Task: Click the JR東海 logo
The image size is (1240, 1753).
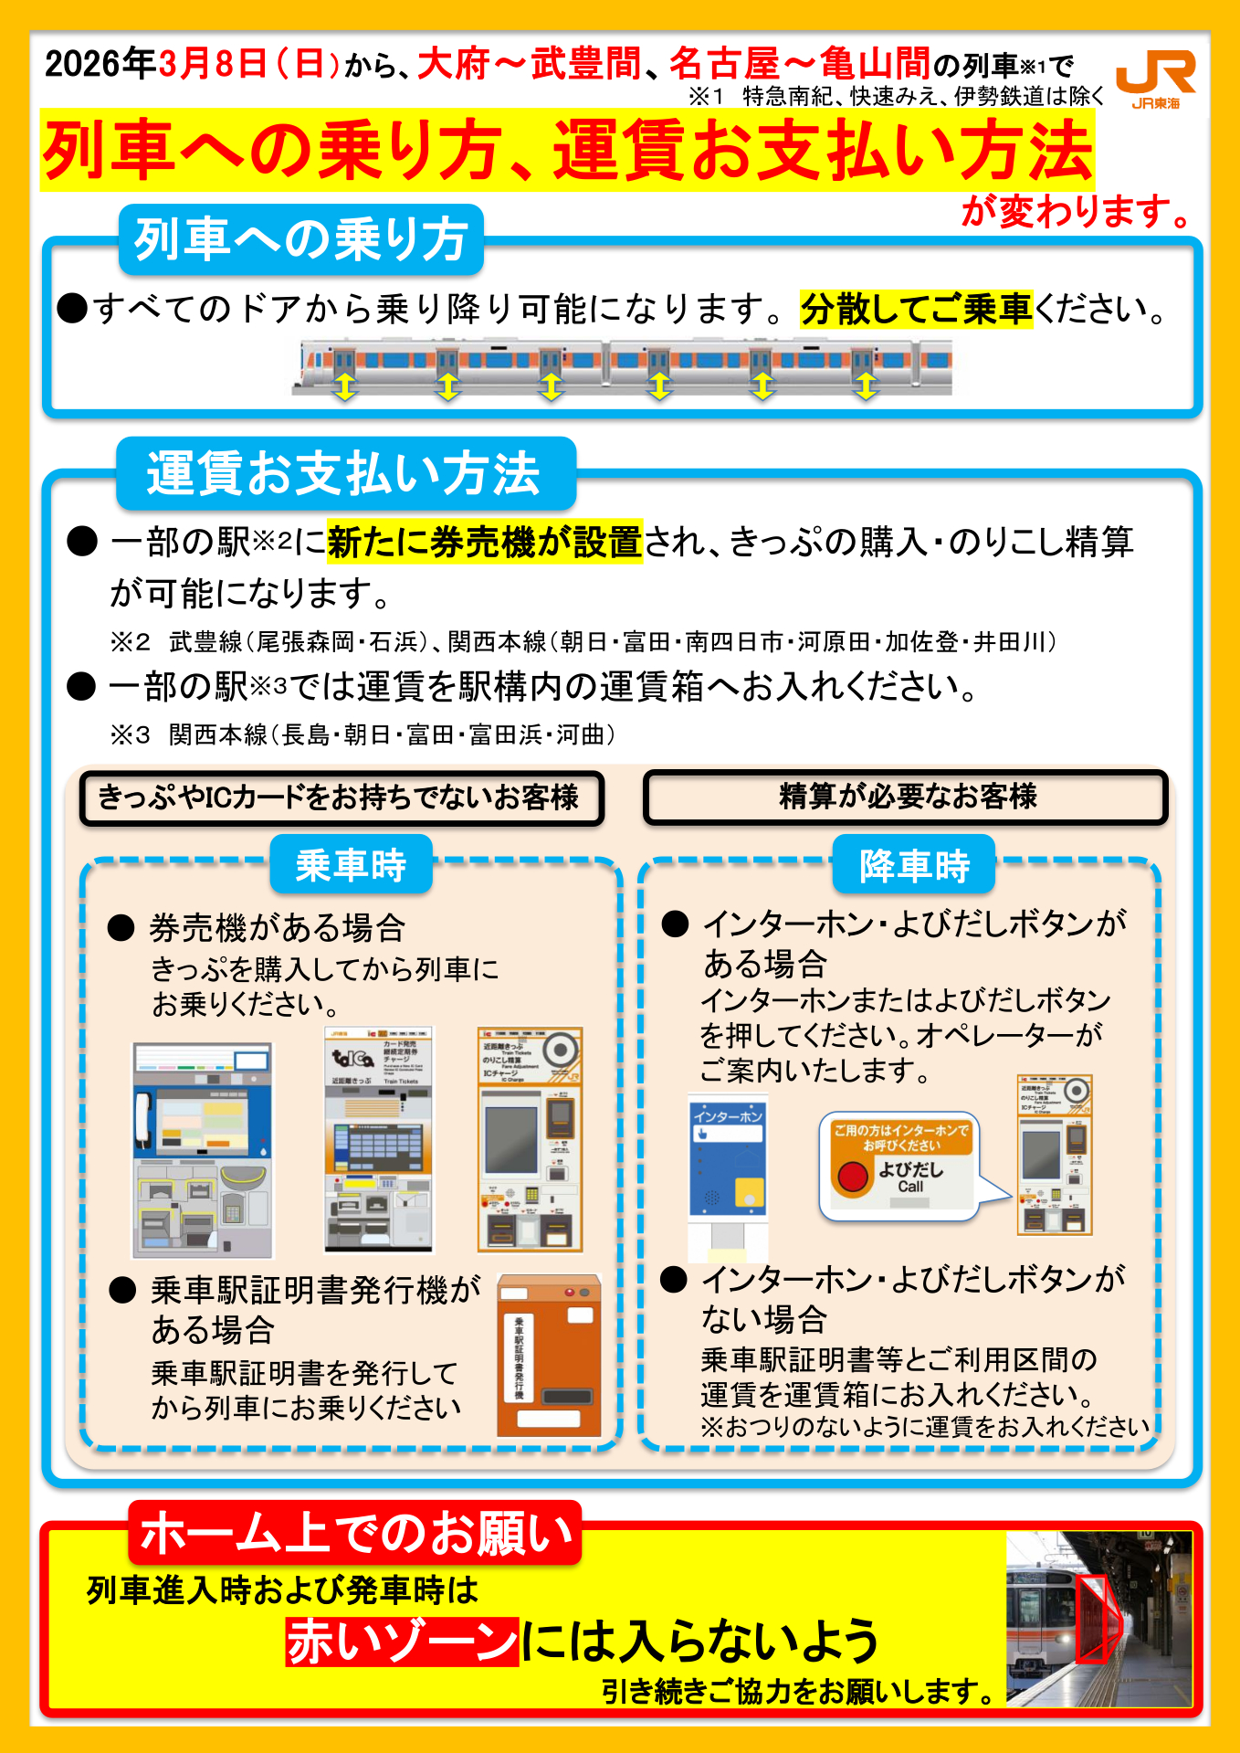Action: [1155, 79]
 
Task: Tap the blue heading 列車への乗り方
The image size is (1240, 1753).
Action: [300, 240]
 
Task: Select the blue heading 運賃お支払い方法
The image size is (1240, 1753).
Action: [345, 473]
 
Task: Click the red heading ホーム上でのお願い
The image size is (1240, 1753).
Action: [355, 1533]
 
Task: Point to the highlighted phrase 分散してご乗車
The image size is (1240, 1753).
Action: [916, 310]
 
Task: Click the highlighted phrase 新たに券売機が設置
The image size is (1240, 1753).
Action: [485, 543]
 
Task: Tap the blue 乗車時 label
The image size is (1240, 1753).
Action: [351, 865]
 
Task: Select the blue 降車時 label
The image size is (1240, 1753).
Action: [914, 865]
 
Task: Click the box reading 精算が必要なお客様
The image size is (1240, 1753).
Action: [906, 797]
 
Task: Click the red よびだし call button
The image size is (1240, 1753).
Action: [853, 1176]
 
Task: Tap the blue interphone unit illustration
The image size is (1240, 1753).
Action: [727, 1160]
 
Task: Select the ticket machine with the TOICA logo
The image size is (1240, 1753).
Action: [379, 1140]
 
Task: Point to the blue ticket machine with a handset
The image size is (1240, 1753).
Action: [202, 1150]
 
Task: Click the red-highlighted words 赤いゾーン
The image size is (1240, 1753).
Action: [403, 1642]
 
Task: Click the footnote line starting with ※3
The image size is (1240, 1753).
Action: [363, 735]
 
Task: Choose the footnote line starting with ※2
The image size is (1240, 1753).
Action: [583, 642]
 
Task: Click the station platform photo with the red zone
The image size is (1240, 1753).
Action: [1099, 1619]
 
